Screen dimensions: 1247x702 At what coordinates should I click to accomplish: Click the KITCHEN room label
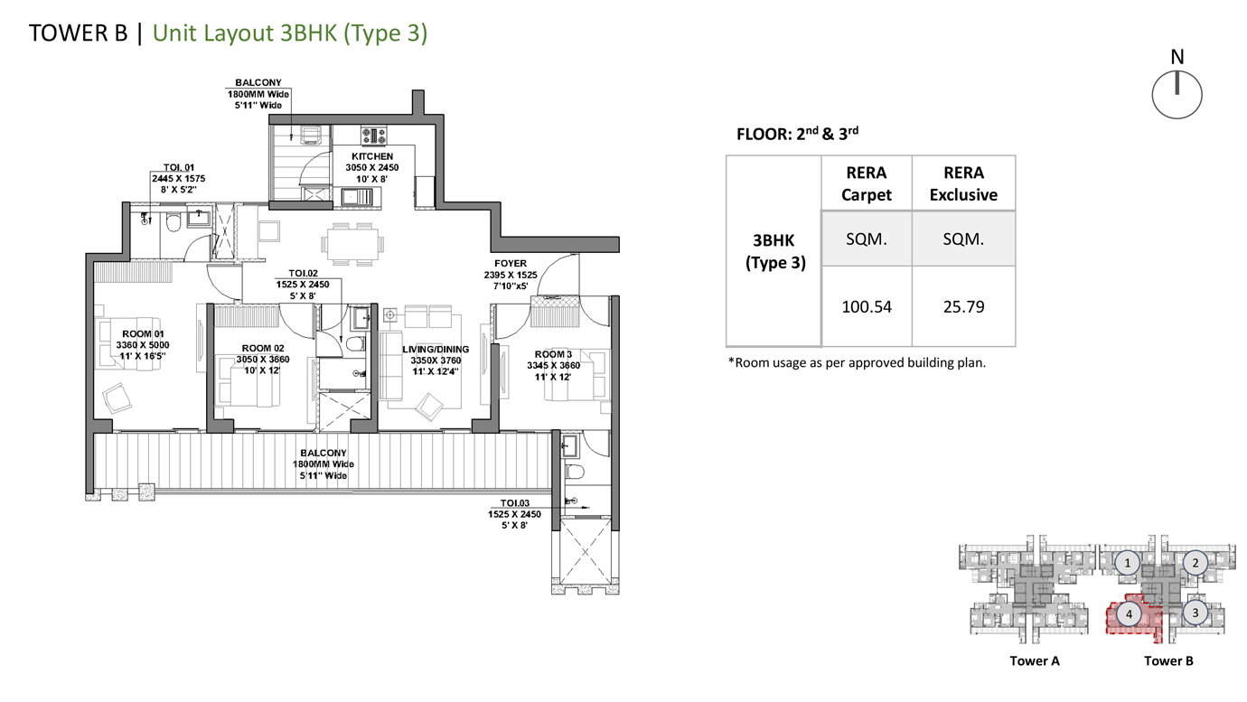372,156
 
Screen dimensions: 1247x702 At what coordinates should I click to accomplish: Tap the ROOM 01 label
143,334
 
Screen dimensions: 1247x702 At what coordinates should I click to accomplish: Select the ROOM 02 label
263,349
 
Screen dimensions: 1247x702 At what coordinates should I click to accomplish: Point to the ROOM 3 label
553,355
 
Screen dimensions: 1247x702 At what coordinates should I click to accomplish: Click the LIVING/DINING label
436,350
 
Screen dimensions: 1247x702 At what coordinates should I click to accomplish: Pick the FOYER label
511,263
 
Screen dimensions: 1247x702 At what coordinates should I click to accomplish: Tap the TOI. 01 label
179,167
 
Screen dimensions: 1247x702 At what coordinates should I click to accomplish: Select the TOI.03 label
514,503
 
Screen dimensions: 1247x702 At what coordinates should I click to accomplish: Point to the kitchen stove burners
374,135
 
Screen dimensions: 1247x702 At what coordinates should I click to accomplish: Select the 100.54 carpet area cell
867,307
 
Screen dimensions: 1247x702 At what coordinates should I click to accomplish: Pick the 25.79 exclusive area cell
963,307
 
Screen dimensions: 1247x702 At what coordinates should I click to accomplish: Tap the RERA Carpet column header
867,183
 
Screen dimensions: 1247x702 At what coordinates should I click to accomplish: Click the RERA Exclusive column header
963,183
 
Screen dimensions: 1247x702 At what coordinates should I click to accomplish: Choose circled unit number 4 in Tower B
1129,614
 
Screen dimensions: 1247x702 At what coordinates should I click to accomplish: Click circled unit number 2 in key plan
1195,563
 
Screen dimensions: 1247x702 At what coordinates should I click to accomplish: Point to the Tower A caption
1035,660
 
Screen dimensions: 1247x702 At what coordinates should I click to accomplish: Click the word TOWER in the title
63,33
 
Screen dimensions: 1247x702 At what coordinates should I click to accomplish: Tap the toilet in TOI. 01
174,222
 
